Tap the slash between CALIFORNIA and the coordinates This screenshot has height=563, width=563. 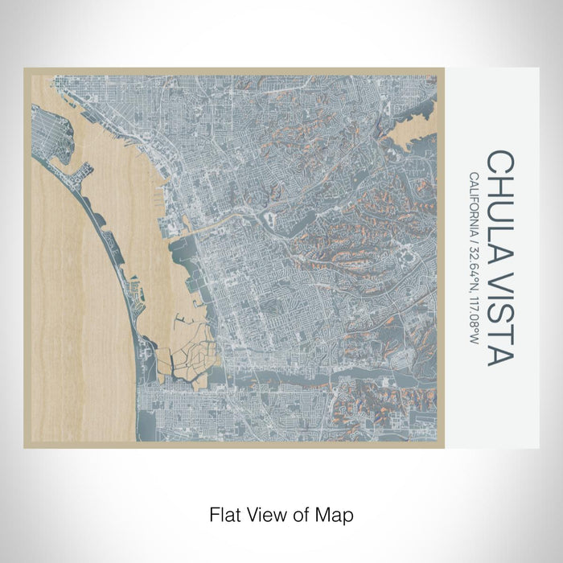pos(475,242)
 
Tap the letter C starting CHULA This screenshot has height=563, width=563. pos(499,159)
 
